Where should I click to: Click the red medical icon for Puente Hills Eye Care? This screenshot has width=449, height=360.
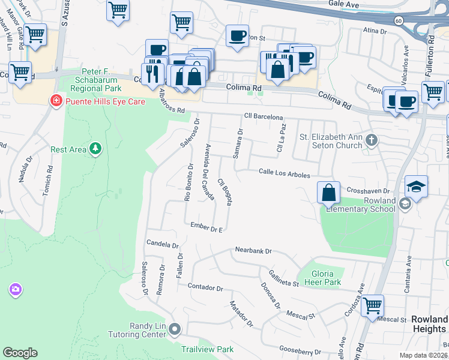[x=56, y=101]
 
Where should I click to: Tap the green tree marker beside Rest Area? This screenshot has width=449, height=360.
[x=95, y=148]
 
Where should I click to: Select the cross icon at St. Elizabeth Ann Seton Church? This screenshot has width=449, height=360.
[x=372, y=141]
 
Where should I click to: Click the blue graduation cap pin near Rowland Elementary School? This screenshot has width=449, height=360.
[x=416, y=187]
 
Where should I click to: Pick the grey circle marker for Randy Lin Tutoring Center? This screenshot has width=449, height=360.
[x=175, y=329]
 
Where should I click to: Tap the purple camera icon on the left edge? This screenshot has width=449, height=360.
[x=15, y=290]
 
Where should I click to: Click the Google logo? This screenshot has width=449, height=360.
[x=20, y=352]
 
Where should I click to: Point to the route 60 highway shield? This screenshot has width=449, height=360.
[x=399, y=20]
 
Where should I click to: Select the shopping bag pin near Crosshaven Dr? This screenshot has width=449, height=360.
[x=328, y=193]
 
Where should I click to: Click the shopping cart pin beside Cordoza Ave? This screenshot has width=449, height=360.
[x=373, y=306]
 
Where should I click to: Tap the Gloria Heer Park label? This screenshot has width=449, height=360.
[x=322, y=278]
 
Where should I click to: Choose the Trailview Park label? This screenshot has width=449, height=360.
[x=207, y=349]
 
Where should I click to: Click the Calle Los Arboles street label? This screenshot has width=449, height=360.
[x=284, y=174]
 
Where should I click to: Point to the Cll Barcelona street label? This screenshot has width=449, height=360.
[x=263, y=117]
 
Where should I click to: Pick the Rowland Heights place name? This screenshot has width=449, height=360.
[x=429, y=324]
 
